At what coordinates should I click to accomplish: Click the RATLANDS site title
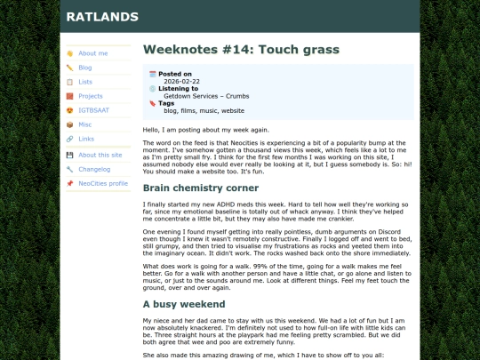pyautogui.click(x=102, y=16)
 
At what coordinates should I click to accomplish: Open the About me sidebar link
pyautogui.click(x=93, y=53)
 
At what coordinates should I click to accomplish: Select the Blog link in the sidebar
pyautogui.click(x=85, y=68)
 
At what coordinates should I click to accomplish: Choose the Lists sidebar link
pyautogui.click(x=85, y=82)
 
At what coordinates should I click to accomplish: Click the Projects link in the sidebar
pyautogui.click(x=91, y=96)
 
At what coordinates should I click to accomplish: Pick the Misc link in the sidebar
pyautogui.click(x=85, y=124)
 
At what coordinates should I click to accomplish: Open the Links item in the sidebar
pyautogui.click(x=86, y=139)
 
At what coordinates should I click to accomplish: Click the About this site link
pyautogui.click(x=100, y=155)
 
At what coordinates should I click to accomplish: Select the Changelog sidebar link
pyautogui.click(x=94, y=169)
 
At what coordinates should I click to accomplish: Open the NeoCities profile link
pyautogui.click(x=103, y=183)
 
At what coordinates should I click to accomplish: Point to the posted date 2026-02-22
pyautogui.click(x=181, y=81)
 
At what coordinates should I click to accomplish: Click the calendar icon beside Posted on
pyautogui.click(x=152, y=74)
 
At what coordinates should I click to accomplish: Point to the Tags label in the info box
pyautogui.click(x=166, y=103)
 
